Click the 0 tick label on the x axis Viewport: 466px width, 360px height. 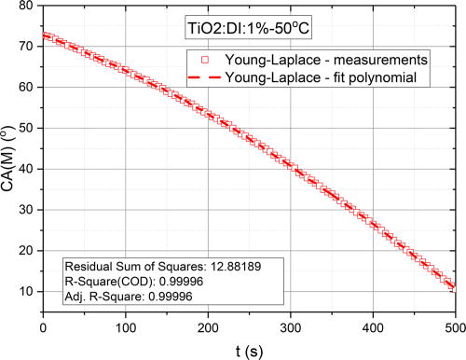43,326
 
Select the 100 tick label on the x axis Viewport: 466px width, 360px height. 126,326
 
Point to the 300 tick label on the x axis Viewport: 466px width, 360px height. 291,326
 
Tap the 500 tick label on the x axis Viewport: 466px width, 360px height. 455,326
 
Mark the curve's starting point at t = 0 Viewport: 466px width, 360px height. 44,36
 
